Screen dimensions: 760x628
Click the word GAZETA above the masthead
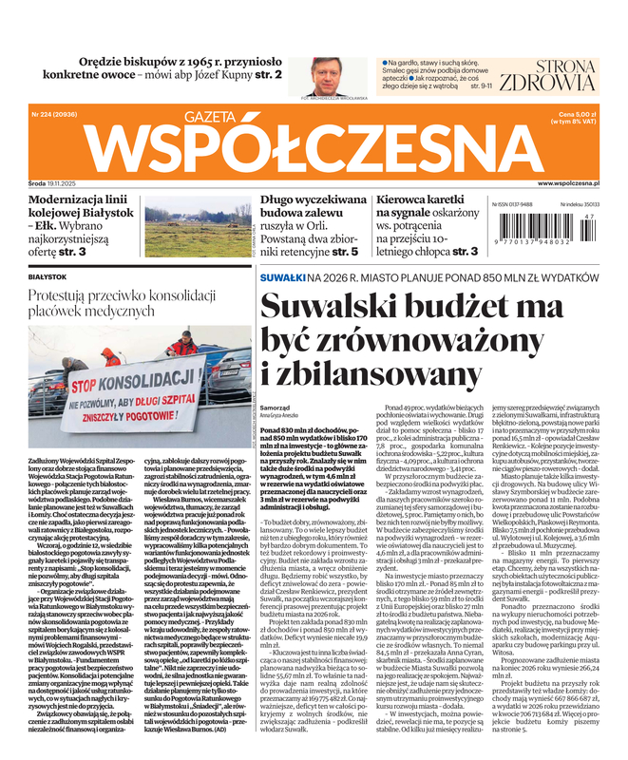(x=180, y=116)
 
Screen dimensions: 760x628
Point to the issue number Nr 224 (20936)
(x=53, y=115)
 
